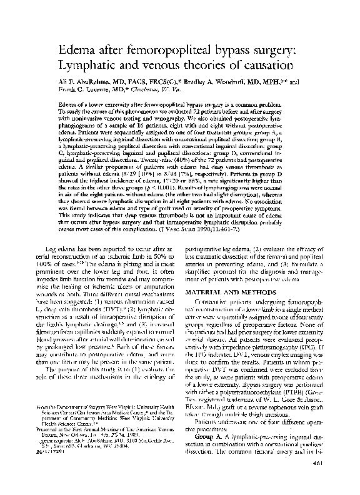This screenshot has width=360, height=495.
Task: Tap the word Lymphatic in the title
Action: click(89, 64)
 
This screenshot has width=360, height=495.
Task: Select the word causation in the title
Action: click(259, 64)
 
